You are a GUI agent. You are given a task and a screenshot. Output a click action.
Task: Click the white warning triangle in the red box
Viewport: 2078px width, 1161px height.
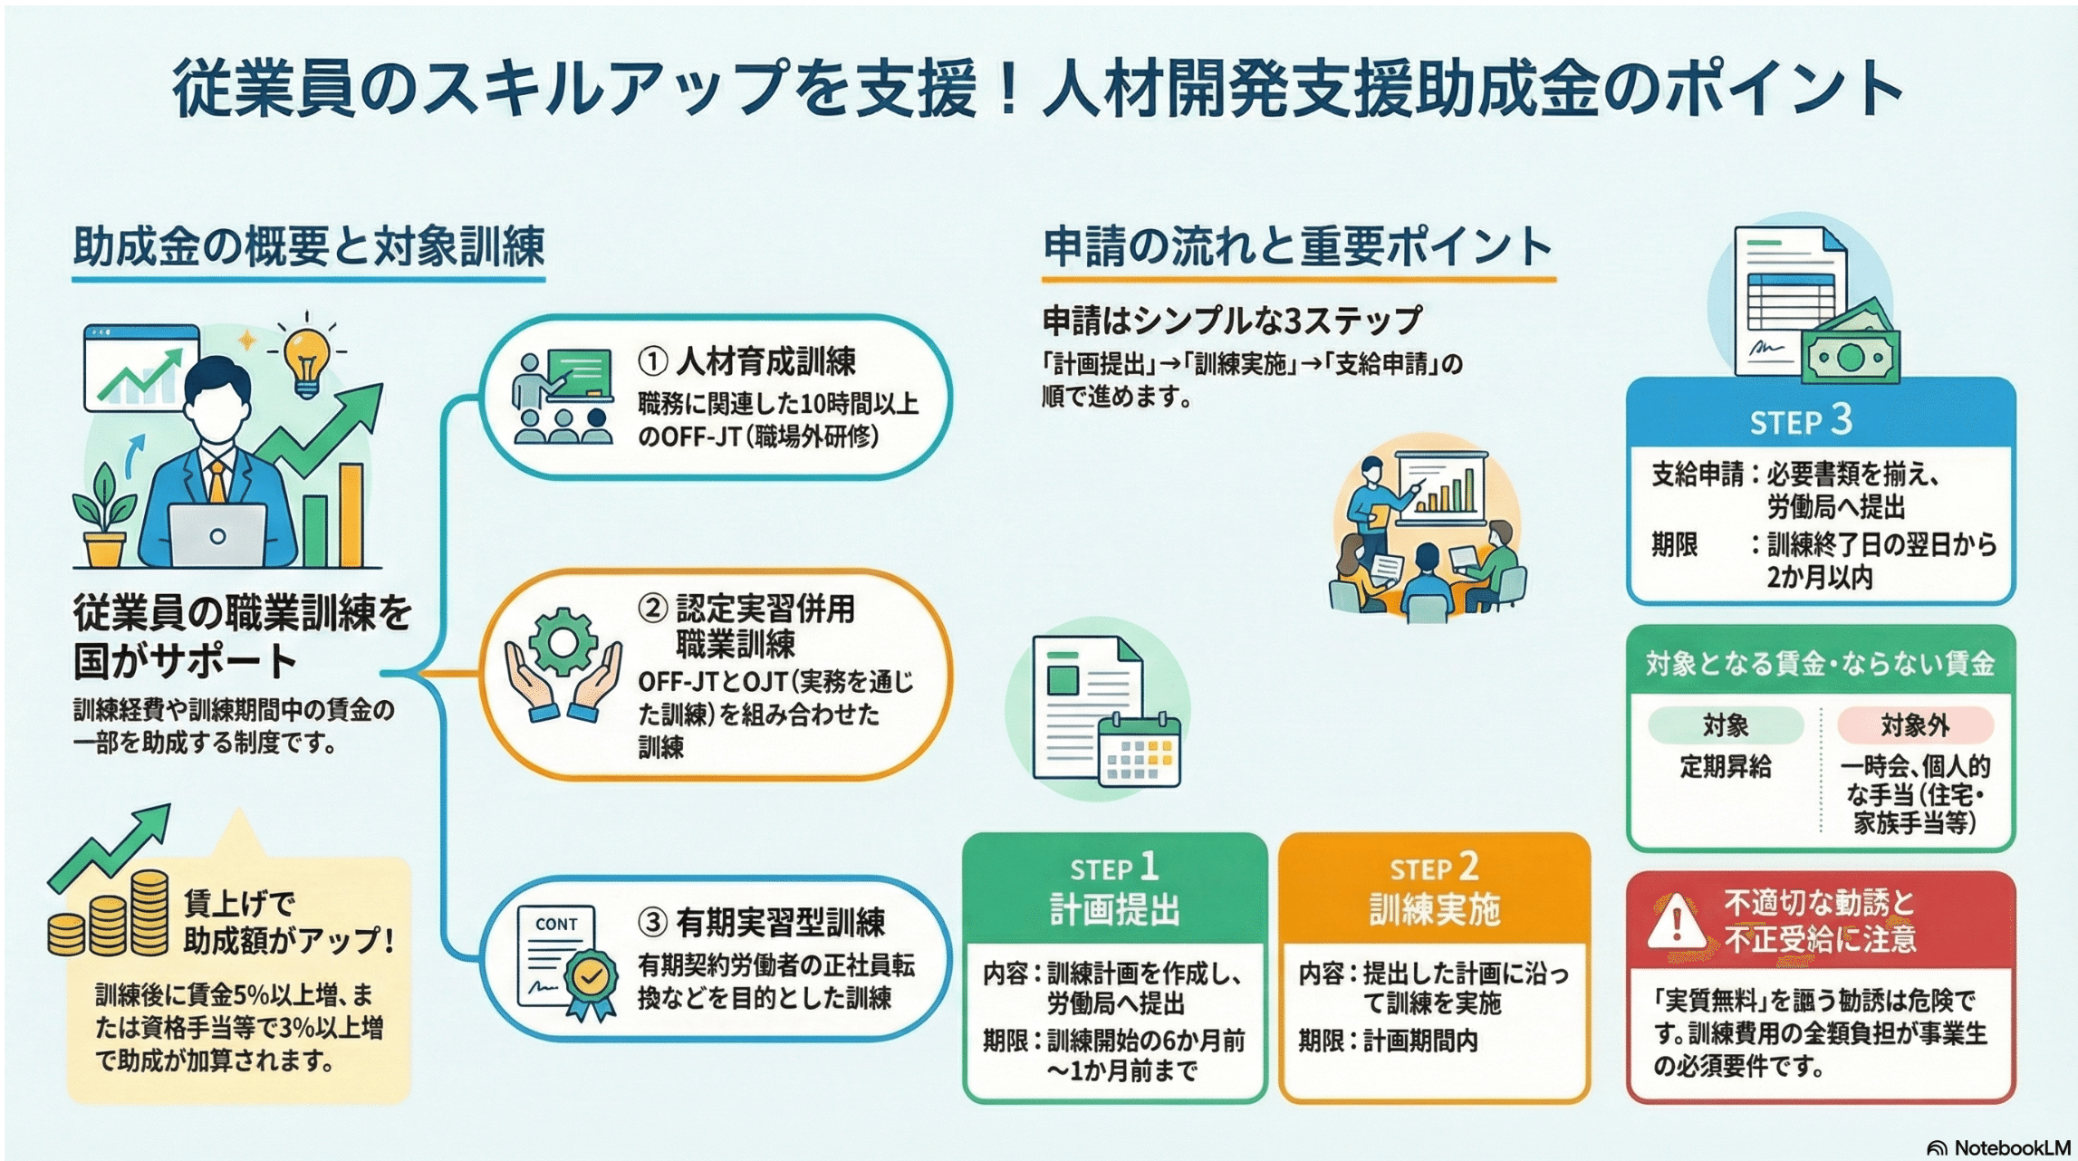[x=1676, y=921]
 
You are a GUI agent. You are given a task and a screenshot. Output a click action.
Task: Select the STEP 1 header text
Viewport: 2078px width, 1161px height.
[x=1114, y=868]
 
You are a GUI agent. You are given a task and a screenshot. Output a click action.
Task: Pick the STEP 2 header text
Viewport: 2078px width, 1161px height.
[x=1434, y=868]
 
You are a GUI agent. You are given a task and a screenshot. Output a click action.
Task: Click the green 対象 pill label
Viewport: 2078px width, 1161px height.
[x=1725, y=725]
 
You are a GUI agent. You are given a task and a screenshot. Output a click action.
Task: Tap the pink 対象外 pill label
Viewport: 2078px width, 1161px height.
[x=1915, y=725]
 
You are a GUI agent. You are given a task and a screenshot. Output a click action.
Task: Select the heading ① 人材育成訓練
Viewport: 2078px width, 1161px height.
[x=747, y=362]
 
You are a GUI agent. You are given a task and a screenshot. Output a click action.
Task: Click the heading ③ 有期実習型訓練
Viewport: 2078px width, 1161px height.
[x=762, y=923]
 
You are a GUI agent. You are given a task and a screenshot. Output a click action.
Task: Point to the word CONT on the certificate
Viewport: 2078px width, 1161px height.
[x=556, y=924]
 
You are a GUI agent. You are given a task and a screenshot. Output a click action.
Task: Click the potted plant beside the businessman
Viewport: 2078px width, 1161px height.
[x=105, y=516]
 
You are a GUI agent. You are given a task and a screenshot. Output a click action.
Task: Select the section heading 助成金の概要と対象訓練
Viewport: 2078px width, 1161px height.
[x=309, y=246]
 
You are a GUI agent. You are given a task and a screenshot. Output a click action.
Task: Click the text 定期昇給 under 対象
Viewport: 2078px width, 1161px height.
[x=1725, y=767]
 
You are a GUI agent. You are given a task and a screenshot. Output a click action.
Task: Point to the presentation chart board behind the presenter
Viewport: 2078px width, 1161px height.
[x=1442, y=488]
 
